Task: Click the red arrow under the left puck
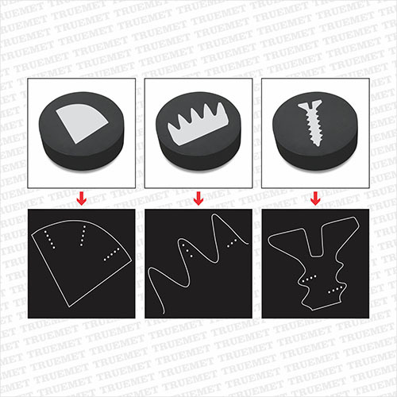[x=82, y=198]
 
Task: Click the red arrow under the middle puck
[x=198, y=198]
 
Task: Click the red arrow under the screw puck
[x=315, y=198]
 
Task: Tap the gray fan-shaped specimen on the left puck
[x=81, y=124]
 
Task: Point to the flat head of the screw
[x=310, y=105]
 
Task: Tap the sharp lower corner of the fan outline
[x=70, y=306]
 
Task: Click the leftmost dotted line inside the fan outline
[x=49, y=239]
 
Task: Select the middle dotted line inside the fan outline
[x=83, y=236]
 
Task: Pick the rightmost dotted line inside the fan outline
[x=111, y=255]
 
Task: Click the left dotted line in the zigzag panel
[x=187, y=251]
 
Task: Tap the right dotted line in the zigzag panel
[x=232, y=244]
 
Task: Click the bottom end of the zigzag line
[x=164, y=313]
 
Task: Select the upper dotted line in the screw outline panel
[x=309, y=279]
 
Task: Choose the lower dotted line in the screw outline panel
[x=335, y=290]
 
